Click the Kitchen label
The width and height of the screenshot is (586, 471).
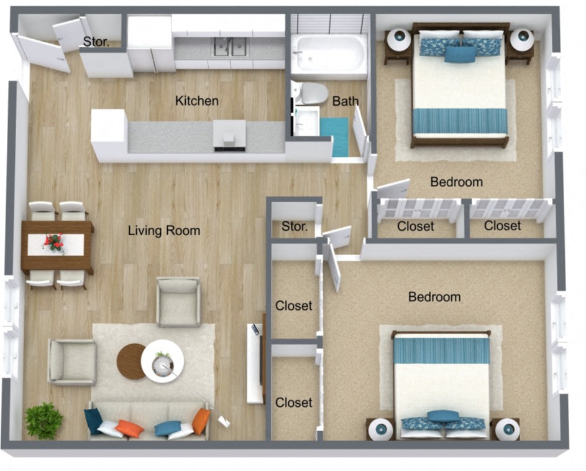196,100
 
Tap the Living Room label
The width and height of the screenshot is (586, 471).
164,231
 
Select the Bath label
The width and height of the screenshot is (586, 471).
345,101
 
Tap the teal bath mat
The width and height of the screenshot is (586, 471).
334,136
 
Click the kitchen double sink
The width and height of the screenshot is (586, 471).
230,47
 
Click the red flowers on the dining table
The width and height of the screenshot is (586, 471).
54,242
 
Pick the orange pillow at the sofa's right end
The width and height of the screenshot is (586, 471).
200,421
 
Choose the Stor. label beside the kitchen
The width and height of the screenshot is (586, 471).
96,42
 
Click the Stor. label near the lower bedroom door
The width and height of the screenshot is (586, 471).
295,226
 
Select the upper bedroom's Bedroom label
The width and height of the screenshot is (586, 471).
456,182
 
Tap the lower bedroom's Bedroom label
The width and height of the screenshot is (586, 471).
434,297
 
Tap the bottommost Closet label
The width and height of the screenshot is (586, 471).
294,403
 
